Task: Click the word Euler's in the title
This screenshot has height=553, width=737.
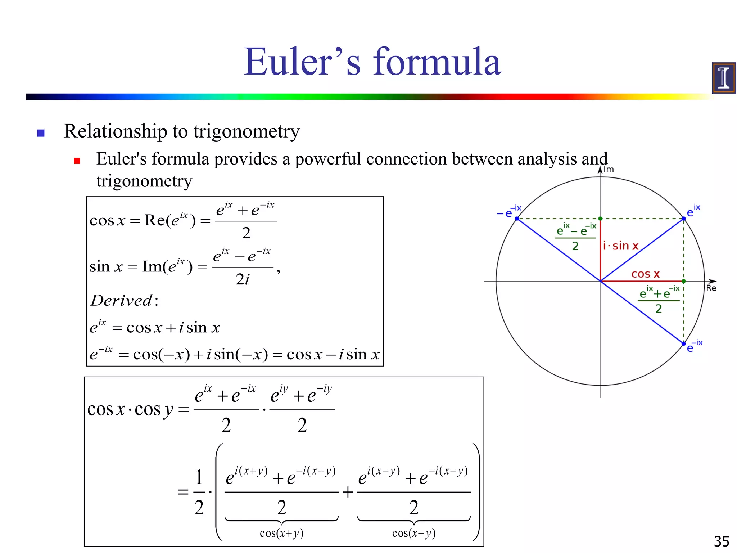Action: pyautogui.click(x=302, y=62)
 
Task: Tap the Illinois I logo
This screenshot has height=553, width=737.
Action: pyautogui.click(x=723, y=78)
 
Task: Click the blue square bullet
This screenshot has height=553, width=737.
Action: pyautogui.click(x=41, y=133)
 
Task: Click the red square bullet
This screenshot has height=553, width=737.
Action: pyautogui.click(x=77, y=161)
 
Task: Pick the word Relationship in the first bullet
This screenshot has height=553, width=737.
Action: pyautogui.click(x=115, y=131)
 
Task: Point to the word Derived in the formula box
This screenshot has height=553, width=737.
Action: pyautogui.click(x=121, y=300)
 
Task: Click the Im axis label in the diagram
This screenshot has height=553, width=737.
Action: pyautogui.click(x=609, y=169)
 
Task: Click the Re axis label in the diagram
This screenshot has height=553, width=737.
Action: pyautogui.click(x=711, y=288)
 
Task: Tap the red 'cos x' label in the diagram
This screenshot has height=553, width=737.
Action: pyautogui.click(x=645, y=274)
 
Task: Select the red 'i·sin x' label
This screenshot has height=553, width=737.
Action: pyautogui.click(x=621, y=246)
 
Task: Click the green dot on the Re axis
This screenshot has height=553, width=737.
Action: pyautogui.click(x=684, y=281)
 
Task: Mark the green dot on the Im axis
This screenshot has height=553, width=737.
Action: pyautogui.click(x=600, y=219)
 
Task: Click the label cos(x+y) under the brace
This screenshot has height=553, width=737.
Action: pyautogui.click(x=281, y=533)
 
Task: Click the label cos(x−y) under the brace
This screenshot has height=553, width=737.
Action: pyautogui.click(x=414, y=533)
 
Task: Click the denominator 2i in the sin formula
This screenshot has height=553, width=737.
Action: pyautogui.click(x=243, y=279)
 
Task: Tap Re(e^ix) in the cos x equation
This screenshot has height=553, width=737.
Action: pyautogui.click(x=170, y=220)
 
